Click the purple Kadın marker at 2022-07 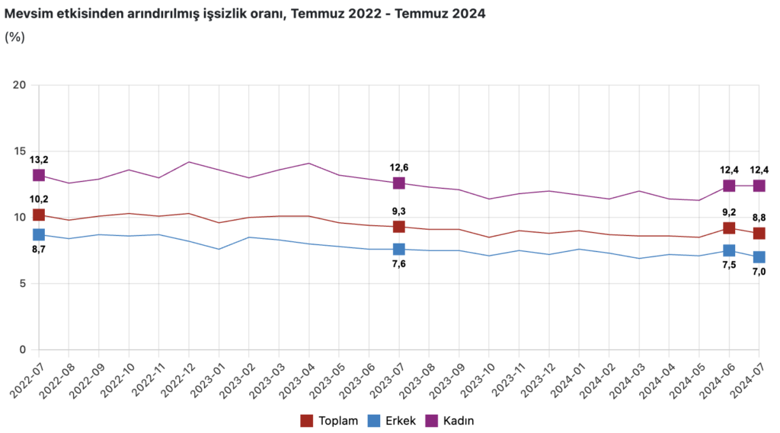point(39,175)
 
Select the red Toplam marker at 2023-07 point(398,227)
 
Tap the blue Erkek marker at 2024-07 point(759,257)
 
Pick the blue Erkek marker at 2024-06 point(729,250)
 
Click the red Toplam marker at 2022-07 point(39,215)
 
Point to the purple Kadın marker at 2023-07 point(398,183)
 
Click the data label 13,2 point(39,159)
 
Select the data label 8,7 point(39,250)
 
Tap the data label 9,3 point(398,211)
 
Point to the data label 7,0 point(759,272)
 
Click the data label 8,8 point(759,218)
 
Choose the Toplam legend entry point(330,420)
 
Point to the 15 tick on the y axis point(21,151)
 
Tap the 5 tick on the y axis point(24,284)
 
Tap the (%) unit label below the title point(15,37)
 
